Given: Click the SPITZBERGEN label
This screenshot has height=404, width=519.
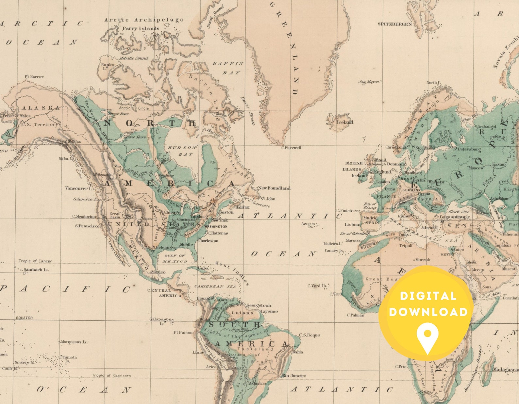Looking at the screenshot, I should click(394, 24).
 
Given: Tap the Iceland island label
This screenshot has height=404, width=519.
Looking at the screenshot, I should click(345, 122).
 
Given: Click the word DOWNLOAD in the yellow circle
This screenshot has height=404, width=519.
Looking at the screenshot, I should click(428, 312).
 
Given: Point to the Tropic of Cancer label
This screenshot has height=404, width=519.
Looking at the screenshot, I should click(35, 261).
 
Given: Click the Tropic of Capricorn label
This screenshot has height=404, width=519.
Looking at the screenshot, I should click(111, 376).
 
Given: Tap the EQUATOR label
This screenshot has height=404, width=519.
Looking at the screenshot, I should click(25, 318).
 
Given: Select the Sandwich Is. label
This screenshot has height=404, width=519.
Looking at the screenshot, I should click(36, 270).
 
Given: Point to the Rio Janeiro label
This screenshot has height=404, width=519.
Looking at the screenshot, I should click(294, 376).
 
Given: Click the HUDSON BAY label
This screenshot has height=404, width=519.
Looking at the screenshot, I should click(182, 151).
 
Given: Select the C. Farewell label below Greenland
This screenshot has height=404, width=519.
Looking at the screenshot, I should click(291, 148).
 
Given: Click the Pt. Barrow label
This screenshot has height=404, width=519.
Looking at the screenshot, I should click(34, 77).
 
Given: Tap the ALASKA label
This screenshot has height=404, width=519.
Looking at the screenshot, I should click(41, 108).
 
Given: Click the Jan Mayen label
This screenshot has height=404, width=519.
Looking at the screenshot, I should click(369, 82).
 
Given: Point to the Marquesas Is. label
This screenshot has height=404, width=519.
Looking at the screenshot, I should click(74, 342).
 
